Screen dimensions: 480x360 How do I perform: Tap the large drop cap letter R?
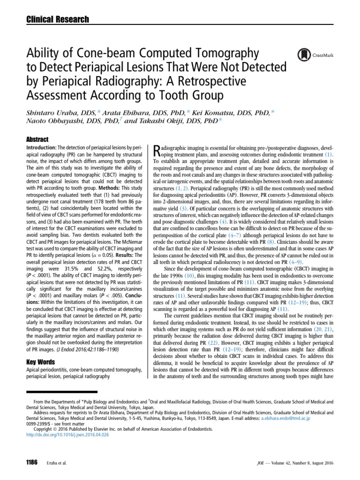[x=157, y=150]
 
